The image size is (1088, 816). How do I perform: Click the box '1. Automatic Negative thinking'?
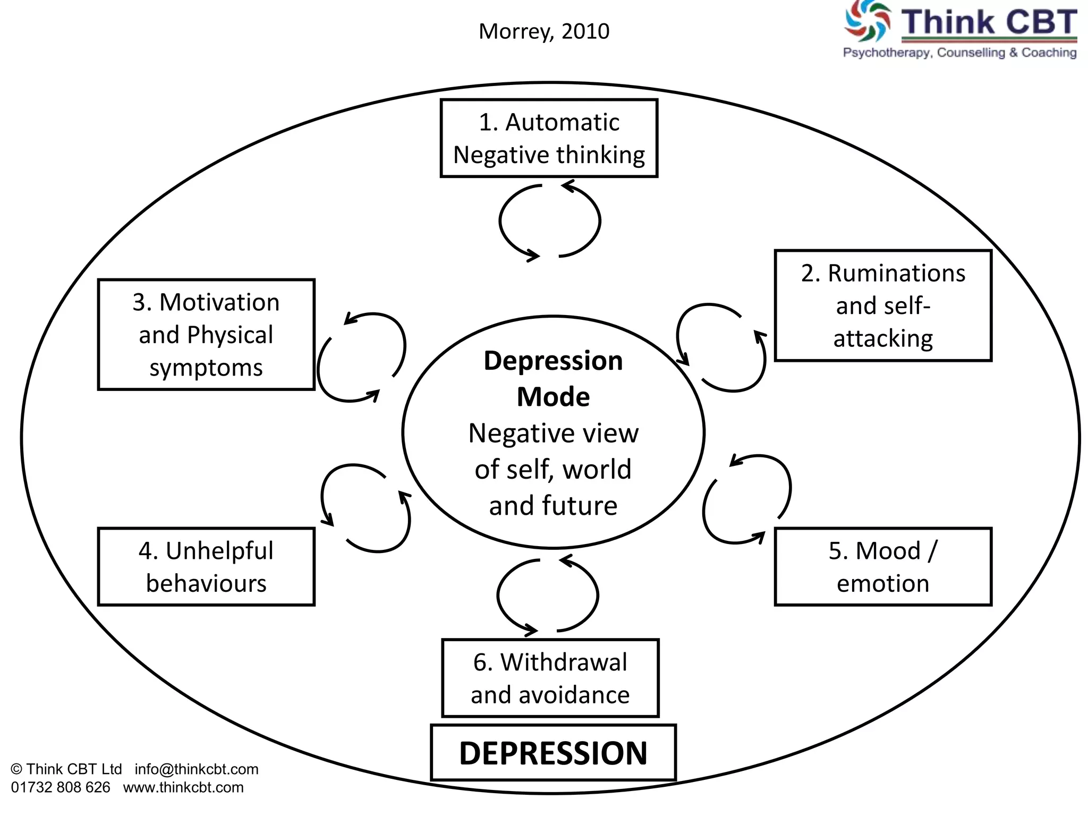pos(549,138)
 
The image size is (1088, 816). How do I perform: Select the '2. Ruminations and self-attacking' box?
pos(883,305)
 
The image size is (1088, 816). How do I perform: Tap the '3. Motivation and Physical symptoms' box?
pos(206,335)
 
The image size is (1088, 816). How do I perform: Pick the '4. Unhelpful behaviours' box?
pos(206,566)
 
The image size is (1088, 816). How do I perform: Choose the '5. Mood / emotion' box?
pos(883,566)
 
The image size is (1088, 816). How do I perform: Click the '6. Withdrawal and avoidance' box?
pos(550,678)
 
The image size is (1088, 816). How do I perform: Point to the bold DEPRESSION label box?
pos(553,753)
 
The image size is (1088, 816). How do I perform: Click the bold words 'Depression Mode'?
pos(553,378)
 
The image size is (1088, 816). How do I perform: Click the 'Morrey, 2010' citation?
pos(544,31)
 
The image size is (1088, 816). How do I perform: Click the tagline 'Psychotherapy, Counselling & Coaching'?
pos(959,53)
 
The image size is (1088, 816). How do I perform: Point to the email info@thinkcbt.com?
pos(197,769)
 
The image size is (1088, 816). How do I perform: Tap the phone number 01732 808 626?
pos(61,787)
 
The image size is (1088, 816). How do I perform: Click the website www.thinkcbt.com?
pos(183,787)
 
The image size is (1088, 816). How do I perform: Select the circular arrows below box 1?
pos(550,221)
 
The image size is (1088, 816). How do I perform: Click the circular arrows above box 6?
pos(548,596)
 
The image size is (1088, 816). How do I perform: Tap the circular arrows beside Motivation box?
pos(361,357)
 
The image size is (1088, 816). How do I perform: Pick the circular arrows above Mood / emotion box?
pos(747,499)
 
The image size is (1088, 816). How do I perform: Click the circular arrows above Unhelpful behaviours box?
pos(365,508)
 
